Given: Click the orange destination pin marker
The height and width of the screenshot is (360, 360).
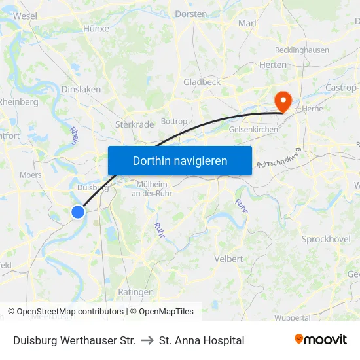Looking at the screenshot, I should point(283,101).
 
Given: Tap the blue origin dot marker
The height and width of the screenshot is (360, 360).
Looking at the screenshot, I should point(78,211).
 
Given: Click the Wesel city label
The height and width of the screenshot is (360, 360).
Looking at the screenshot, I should point(25,16).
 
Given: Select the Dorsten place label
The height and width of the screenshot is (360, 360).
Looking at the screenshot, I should point(191,14).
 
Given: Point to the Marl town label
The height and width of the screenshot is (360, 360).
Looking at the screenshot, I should point(247,23).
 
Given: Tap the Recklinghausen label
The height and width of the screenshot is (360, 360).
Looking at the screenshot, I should point(302,50).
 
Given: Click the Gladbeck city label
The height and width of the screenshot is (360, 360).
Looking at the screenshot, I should point(202,82).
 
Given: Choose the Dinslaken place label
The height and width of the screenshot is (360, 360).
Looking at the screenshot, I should point(81,89).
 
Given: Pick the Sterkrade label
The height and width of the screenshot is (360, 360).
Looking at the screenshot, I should point(134,124).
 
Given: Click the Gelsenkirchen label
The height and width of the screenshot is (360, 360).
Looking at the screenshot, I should point(253,130).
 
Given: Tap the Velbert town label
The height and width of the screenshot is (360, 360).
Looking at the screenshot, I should point(228,259).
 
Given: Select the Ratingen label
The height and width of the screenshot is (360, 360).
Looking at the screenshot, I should point(135,292).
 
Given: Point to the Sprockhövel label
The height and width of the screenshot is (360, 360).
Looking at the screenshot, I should point(326,239).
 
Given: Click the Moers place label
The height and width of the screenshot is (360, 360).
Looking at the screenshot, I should point(31,175).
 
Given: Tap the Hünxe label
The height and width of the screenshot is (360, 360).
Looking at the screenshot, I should point(96,29).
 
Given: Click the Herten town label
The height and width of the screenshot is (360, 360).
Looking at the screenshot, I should point(273,65).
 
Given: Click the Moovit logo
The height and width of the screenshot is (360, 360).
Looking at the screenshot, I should point(321,340).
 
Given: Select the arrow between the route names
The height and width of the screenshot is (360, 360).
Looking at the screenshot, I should point(147,340).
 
